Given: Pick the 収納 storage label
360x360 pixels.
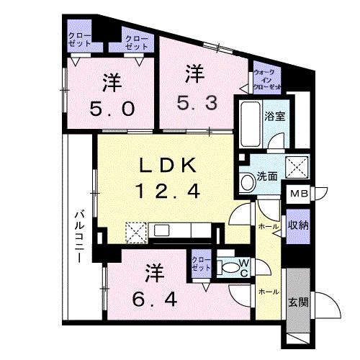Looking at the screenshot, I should tap(299, 225).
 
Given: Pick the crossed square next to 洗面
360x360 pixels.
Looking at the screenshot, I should tap(296, 166).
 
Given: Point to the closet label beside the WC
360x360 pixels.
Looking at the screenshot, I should tap(202, 264).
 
